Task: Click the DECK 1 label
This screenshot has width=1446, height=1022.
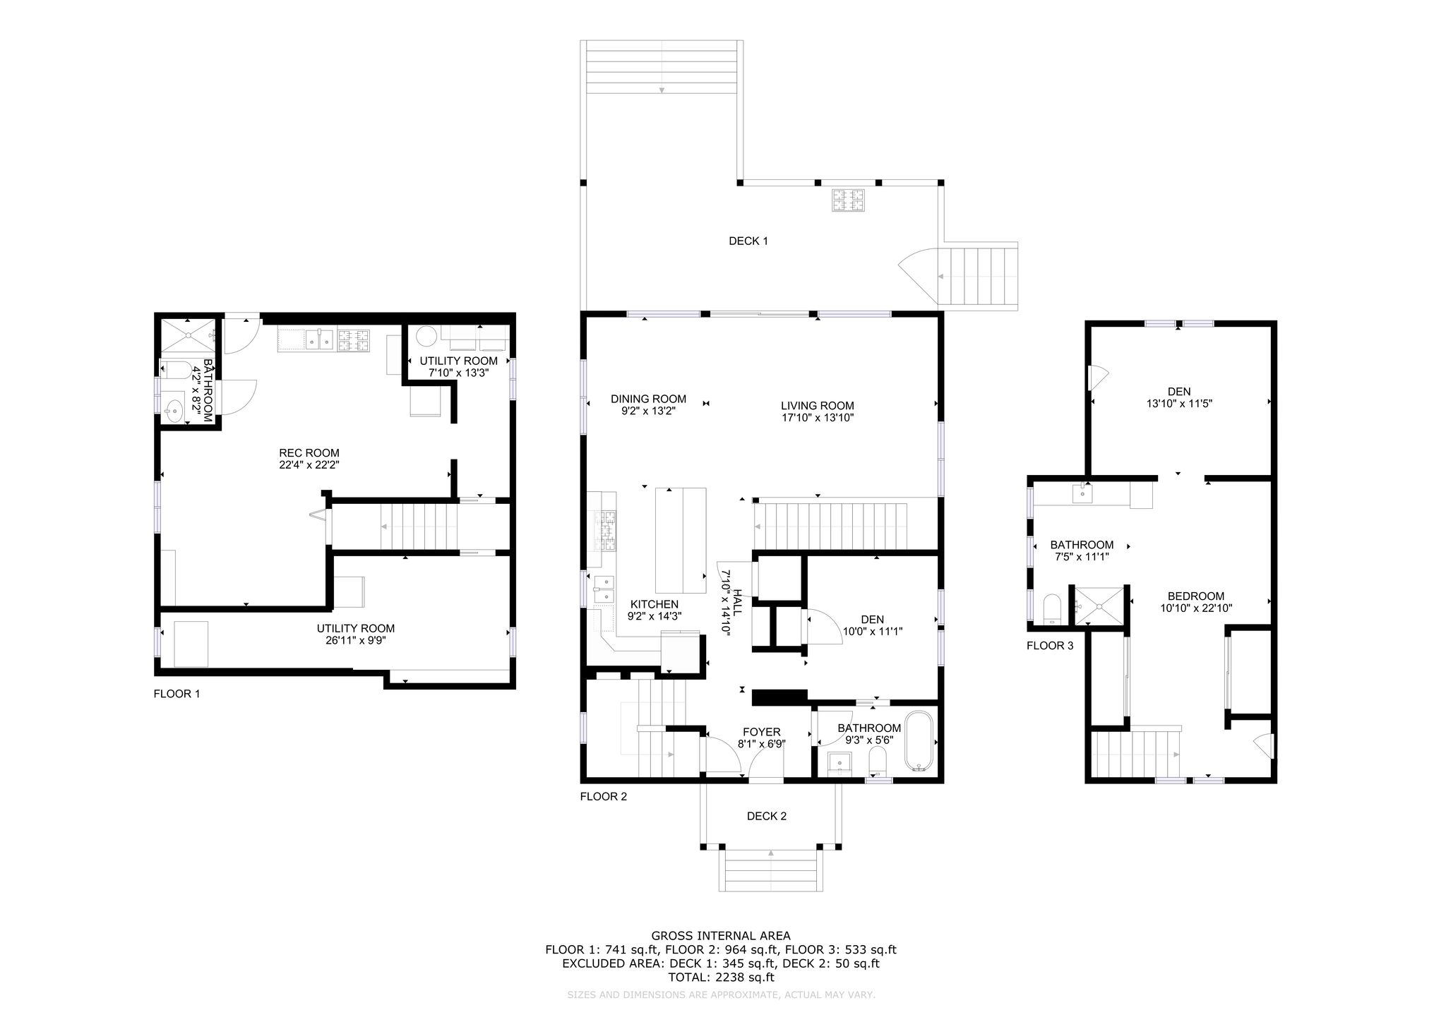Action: point(748,241)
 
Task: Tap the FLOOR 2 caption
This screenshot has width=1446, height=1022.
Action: point(603,797)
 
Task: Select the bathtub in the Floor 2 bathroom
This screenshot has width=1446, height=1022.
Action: point(919,743)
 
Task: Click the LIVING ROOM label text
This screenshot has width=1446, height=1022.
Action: point(817,406)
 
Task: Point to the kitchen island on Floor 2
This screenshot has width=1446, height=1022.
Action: point(681,540)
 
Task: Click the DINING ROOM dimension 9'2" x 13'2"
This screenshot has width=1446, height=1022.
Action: point(648,411)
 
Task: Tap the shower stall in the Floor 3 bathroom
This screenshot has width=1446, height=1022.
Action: point(1098,605)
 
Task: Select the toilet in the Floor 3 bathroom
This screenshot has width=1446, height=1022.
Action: point(1052,608)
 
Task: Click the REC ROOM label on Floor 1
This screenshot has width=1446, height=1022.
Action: point(309,453)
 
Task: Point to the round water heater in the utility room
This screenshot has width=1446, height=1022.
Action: point(426,335)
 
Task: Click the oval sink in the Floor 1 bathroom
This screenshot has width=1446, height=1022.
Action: point(174,408)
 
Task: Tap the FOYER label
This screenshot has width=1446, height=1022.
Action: point(761,732)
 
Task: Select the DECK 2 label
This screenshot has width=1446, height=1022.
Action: point(767,817)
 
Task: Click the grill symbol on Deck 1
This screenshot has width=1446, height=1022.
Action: point(848,200)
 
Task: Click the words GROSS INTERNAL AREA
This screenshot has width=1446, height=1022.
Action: point(721,937)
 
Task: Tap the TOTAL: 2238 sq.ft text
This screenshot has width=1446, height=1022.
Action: point(721,978)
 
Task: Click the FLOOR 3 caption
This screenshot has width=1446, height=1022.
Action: point(1050,646)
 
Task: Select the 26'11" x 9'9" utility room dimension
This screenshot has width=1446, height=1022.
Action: point(356,641)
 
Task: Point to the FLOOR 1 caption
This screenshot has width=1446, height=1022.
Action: point(177,694)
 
